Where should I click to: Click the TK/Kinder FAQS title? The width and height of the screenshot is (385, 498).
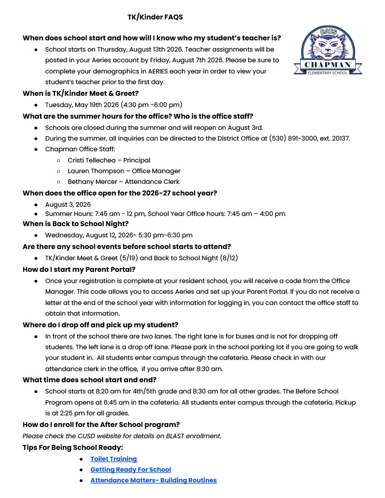click(x=155, y=17)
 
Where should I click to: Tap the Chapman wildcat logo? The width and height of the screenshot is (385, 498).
click(x=328, y=51)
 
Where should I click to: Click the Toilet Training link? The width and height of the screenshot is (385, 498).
click(x=113, y=459)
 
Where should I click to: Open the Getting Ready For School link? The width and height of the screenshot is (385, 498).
click(x=130, y=469)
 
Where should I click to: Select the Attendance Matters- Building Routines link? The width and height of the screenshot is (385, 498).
click(x=153, y=480)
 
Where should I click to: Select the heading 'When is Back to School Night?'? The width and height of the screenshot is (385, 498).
click(x=75, y=224)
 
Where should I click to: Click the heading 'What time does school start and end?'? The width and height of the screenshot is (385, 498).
click(x=90, y=380)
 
